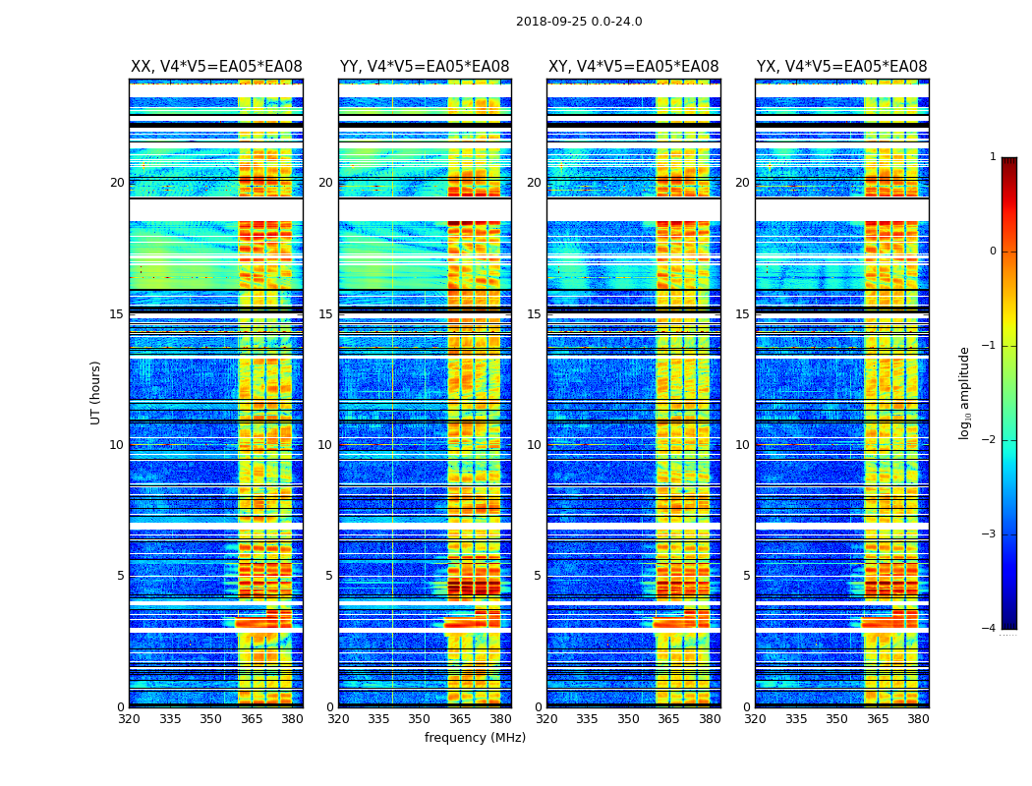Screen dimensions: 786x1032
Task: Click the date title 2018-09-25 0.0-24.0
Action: [x=579, y=22]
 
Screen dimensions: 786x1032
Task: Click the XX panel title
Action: [x=216, y=67]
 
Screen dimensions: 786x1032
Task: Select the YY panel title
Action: [x=425, y=67]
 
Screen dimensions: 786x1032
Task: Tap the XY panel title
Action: [x=633, y=67]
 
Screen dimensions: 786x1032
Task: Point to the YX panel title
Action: [x=841, y=67]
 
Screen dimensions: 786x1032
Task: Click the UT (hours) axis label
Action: [x=95, y=392]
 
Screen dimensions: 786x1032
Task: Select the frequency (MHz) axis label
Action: [x=475, y=738]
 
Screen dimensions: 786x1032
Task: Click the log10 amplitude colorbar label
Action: [x=965, y=392]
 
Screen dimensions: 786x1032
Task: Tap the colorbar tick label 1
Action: [x=993, y=157]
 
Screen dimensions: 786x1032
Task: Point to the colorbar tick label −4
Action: [x=990, y=629]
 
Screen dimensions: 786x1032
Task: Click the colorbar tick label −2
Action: [x=990, y=440]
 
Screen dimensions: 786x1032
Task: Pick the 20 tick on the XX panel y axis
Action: [x=117, y=183]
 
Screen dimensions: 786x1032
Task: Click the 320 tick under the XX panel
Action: [x=129, y=719]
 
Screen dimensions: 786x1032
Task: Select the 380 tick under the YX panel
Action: [x=918, y=719]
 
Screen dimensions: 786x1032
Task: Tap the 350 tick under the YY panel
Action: [x=420, y=719]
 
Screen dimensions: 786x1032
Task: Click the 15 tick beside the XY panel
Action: [x=535, y=314]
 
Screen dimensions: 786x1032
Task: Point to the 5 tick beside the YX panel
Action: [x=747, y=576]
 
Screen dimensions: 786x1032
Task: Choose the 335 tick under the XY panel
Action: [x=588, y=719]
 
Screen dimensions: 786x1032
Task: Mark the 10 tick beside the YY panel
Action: [x=325, y=445]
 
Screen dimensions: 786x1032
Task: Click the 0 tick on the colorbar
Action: [x=993, y=252]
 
